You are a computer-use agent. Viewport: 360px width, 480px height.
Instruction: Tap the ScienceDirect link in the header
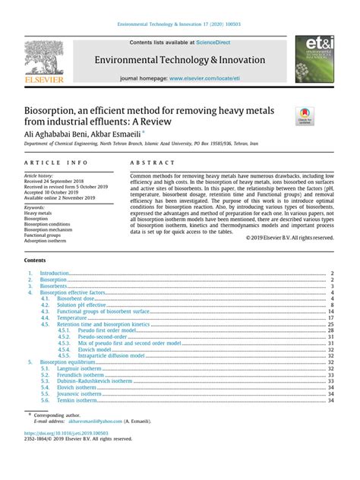click(x=215, y=43)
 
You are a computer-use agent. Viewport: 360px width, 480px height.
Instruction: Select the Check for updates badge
click(x=305, y=115)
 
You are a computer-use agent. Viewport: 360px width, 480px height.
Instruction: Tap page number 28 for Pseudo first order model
click(x=331, y=330)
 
